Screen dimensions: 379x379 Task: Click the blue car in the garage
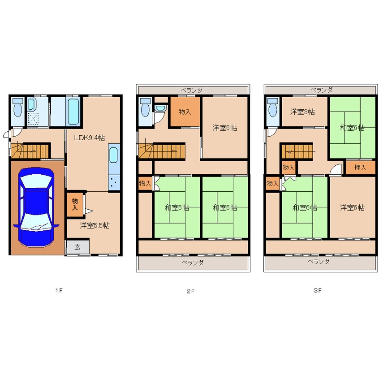pyautogui.click(x=36, y=207)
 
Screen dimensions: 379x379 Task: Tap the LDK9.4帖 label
pyautogui.click(x=90, y=138)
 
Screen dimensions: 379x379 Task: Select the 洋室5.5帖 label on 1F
pyautogui.click(x=95, y=225)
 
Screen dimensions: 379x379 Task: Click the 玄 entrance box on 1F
pyautogui.click(x=78, y=247)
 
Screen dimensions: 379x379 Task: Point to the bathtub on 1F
pyautogui.click(x=73, y=111)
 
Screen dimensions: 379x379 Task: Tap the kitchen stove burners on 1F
pyautogui.click(x=114, y=182)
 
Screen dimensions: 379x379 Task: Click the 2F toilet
pyautogui.click(x=145, y=108)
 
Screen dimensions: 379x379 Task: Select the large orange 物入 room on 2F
pyautogui.click(x=185, y=112)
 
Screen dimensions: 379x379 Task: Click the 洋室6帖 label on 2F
pyautogui.click(x=225, y=128)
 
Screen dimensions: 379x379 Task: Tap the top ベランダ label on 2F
pyautogui.click(x=192, y=90)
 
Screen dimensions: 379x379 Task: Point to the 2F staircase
pyautogui.click(x=162, y=151)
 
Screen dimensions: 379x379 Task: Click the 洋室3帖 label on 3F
pyautogui.click(x=303, y=112)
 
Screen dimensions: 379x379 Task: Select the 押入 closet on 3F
pyautogui.click(x=360, y=168)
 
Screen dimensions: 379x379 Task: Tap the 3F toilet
pyautogui.click(x=273, y=108)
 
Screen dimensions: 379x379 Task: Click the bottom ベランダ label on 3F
pyautogui.click(x=319, y=262)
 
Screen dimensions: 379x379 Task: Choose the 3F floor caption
pyautogui.click(x=318, y=290)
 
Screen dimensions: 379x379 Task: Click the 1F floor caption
pyautogui.click(x=59, y=290)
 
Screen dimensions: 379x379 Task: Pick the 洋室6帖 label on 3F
pyautogui.click(x=353, y=207)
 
